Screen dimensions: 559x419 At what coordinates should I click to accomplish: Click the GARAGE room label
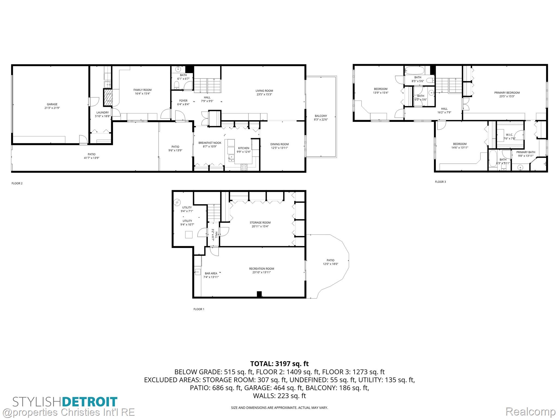pyautogui.click(x=52, y=104)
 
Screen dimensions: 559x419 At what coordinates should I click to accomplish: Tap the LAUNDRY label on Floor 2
pyautogui.click(x=103, y=112)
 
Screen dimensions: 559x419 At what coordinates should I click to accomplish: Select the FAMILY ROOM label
pyautogui.click(x=142, y=90)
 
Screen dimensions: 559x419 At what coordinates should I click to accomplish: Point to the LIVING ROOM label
pyautogui.click(x=264, y=91)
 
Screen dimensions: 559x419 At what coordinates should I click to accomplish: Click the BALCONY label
pyautogui.click(x=321, y=116)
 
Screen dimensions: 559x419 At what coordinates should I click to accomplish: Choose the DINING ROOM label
pyautogui.click(x=279, y=144)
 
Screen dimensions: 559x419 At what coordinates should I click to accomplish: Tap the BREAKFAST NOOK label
pyautogui.click(x=210, y=143)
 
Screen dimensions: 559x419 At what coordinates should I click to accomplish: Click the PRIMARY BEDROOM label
pyautogui.click(x=507, y=93)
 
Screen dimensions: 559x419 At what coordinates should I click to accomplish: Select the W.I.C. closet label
pyautogui.click(x=509, y=135)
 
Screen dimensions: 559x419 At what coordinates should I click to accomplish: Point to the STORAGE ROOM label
pyautogui.click(x=260, y=223)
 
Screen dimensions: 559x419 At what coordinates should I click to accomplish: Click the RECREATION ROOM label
pyautogui.click(x=261, y=269)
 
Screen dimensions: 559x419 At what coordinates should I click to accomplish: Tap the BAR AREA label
pyautogui.click(x=211, y=273)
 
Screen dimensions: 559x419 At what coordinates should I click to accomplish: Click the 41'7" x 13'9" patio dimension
pyautogui.click(x=91, y=158)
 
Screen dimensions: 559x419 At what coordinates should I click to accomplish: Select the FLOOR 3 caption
pyautogui.click(x=440, y=182)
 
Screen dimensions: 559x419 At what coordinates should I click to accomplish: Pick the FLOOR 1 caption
pyautogui.click(x=199, y=309)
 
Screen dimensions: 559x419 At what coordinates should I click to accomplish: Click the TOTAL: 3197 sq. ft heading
pyautogui.click(x=279, y=364)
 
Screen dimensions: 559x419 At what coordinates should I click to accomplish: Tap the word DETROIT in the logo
pyautogui.click(x=90, y=402)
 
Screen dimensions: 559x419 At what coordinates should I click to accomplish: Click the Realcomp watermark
pyautogui.click(x=530, y=412)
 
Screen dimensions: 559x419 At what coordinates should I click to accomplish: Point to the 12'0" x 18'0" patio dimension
pyautogui.click(x=330, y=264)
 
